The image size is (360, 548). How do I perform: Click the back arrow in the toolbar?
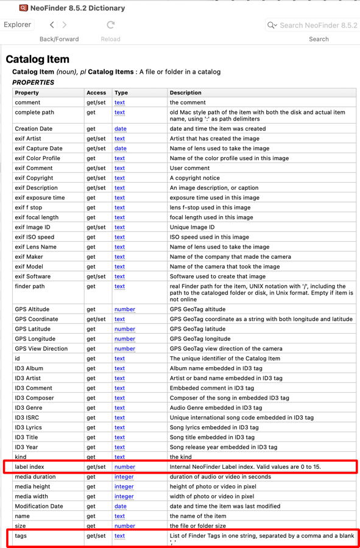[52, 25]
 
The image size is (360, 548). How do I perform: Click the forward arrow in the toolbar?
[65, 25]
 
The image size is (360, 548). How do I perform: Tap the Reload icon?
[110, 25]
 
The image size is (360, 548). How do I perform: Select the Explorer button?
[17, 25]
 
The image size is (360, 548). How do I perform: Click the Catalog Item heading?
[37, 59]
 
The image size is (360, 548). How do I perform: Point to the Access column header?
[96, 93]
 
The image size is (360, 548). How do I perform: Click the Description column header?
[186, 93]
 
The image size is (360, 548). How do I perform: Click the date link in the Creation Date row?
[121, 129]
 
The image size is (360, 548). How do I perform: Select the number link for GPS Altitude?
[124, 309]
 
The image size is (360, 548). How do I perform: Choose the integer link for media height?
[124, 487]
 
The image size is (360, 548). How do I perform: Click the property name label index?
[29, 467]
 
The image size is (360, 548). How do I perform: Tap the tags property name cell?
[21, 536]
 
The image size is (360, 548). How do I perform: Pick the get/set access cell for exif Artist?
[96, 139]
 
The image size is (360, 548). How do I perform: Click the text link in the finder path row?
[119, 286]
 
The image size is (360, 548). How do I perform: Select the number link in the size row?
[124, 525]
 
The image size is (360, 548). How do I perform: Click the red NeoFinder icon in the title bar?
[23, 8]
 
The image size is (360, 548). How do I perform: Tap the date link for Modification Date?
[121, 506]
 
